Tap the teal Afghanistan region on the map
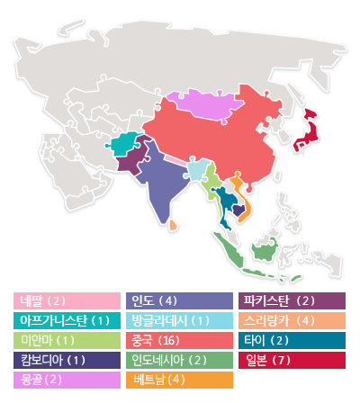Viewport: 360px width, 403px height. [126, 143]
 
